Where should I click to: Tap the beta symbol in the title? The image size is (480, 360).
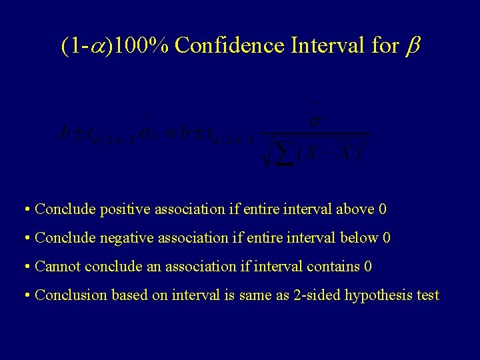tap(411, 47)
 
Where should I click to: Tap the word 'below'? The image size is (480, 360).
tap(357, 238)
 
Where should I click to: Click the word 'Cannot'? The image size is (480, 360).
tap(57, 267)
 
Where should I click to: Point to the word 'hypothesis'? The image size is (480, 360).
tap(379, 295)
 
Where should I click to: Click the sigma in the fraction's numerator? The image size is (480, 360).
tap(315, 123)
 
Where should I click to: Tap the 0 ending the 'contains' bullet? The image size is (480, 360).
tap(368, 267)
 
